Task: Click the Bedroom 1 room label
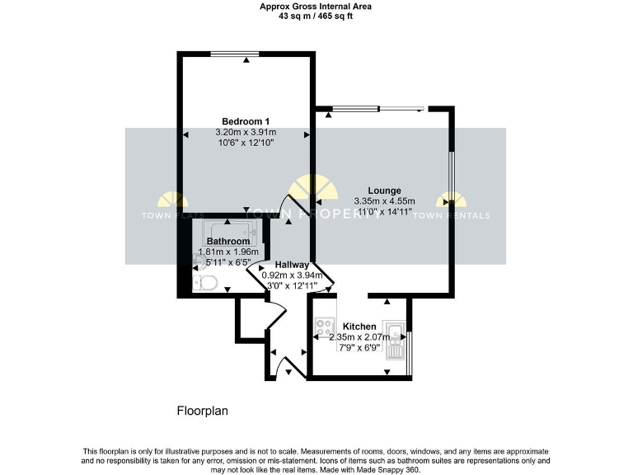click(246, 121)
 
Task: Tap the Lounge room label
click(384, 190)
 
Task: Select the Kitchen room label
click(359, 327)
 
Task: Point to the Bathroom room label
click(227, 242)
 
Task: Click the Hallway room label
click(292, 264)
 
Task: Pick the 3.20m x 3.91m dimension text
click(246, 132)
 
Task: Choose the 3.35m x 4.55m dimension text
click(384, 201)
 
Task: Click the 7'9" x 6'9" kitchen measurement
click(359, 348)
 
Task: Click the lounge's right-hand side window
click(452, 198)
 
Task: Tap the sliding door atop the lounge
click(378, 108)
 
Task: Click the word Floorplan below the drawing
click(202, 410)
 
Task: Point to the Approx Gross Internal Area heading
click(316, 6)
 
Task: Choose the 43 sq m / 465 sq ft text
click(316, 15)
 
